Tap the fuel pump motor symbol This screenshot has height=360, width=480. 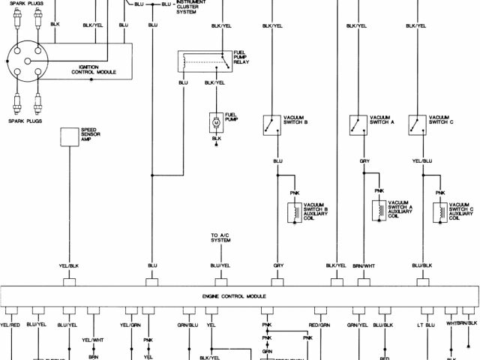point(215,121)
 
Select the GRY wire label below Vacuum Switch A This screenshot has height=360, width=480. point(364,160)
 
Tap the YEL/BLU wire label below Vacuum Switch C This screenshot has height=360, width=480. point(422,160)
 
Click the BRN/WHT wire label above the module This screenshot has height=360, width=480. point(364,265)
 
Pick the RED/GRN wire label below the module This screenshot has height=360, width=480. point(319,325)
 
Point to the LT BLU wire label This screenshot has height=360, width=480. point(424,325)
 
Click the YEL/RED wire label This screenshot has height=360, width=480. point(10,325)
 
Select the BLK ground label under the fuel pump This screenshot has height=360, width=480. point(216,138)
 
